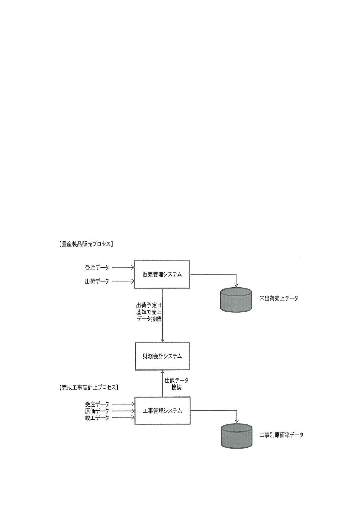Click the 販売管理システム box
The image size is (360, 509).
coord(162,274)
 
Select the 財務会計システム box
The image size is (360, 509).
coord(162,356)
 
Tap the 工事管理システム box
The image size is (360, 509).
coord(162,411)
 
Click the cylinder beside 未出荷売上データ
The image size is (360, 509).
coord(236,300)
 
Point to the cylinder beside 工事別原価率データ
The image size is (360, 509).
coord(236,436)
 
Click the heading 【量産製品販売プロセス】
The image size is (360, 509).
coord(85,244)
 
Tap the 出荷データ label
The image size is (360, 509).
coord(97,282)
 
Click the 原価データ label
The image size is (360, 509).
coord(97,411)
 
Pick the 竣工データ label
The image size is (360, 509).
coord(97,418)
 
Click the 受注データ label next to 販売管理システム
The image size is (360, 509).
coord(97,267)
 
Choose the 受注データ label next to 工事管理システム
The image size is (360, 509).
coord(97,404)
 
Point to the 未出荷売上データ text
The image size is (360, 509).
coord(279,298)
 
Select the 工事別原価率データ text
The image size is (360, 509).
coord(281,435)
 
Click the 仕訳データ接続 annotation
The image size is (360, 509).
coord(176,384)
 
